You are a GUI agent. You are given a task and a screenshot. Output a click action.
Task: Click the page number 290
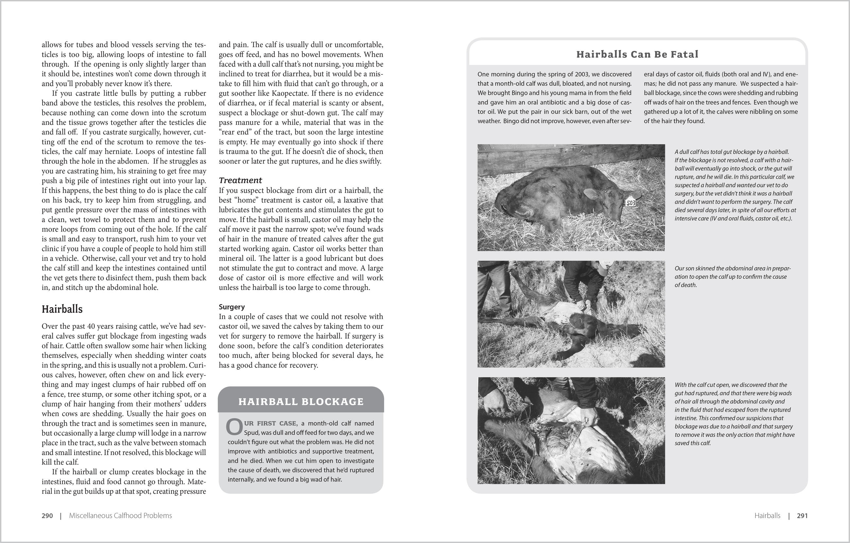point(47,516)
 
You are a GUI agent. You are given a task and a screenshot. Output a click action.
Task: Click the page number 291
point(802,516)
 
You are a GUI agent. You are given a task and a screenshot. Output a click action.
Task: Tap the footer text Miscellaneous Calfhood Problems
point(120,516)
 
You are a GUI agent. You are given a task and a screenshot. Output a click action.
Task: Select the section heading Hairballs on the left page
point(62,309)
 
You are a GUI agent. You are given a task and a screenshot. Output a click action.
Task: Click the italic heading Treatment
point(240,180)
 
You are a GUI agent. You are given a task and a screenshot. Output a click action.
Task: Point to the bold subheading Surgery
point(231,307)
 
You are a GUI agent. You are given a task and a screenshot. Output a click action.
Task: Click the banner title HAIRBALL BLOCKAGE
point(301,402)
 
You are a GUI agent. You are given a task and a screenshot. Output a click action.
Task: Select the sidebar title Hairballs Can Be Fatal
point(637,54)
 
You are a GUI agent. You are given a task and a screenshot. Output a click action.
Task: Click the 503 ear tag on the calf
point(631,203)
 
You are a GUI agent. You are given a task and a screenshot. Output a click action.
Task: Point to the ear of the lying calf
point(592,194)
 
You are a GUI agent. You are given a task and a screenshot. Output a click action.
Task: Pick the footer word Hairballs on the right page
point(767,516)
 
